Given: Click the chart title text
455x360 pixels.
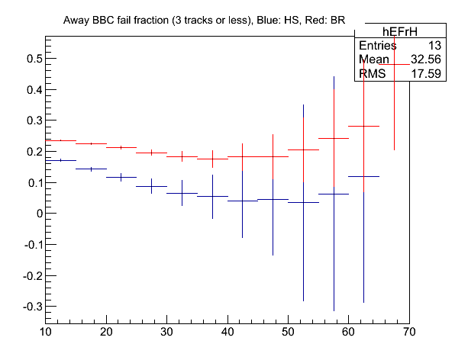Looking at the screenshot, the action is pyautogui.click(x=204, y=21).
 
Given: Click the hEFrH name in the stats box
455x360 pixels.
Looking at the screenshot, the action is pyautogui.click(x=400, y=31).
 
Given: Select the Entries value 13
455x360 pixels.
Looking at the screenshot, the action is pyautogui.click(x=434, y=46).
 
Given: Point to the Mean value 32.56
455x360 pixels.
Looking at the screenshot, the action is pyautogui.click(x=426, y=59).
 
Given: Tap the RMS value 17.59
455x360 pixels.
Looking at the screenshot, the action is pyautogui.click(x=426, y=74).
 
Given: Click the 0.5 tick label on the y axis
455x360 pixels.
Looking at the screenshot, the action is pyautogui.click(x=34, y=59).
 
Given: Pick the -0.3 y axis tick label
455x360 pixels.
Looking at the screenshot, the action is pyautogui.click(x=33, y=307).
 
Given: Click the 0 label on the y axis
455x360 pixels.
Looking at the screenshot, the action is pyautogui.click(x=40, y=214).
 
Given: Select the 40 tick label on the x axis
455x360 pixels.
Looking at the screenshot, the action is pyautogui.click(x=227, y=332).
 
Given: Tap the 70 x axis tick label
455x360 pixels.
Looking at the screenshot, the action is pyautogui.click(x=409, y=332).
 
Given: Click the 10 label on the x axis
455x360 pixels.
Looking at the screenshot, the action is pyautogui.click(x=46, y=332).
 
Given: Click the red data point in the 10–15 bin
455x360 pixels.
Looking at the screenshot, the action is pyautogui.click(x=60, y=140).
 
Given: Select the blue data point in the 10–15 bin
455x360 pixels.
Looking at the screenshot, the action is pyautogui.click(x=60, y=160).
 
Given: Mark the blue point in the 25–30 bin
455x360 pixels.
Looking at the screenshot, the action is pyautogui.click(x=151, y=186).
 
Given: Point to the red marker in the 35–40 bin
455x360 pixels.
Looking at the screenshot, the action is pyautogui.click(x=212, y=159).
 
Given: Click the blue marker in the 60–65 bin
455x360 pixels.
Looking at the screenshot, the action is pyautogui.click(x=363, y=176).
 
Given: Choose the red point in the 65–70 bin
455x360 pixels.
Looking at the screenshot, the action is pyautogui.click(x=394, y=64).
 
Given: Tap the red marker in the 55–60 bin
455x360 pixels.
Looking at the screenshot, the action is pyautogui.click(x=334, y=139).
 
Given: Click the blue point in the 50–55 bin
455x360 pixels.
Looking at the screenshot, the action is pyautogui.click(x=303, y=203).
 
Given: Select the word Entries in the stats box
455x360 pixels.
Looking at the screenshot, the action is pyautogui.click(x=378, y=46).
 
